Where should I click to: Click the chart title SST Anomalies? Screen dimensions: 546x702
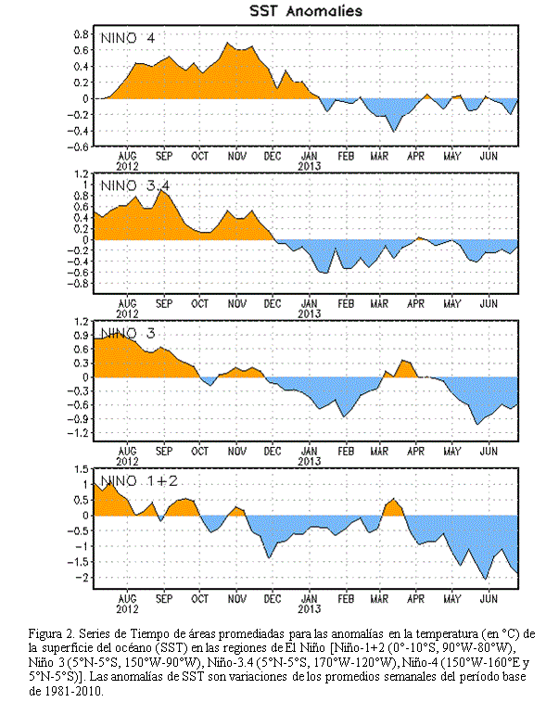306,11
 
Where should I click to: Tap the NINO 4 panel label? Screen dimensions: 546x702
128,38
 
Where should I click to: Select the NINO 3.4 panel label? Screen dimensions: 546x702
135,185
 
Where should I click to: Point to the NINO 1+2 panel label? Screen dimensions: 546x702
139,481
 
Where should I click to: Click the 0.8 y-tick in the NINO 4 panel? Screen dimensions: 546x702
81,34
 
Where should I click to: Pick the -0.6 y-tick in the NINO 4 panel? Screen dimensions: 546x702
78,147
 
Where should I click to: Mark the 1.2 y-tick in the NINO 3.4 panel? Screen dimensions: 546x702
81,173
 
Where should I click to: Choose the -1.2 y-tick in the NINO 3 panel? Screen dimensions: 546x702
78,433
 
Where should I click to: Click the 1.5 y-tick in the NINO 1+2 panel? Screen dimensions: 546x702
81,469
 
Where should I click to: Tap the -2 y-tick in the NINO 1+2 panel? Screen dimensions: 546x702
81,577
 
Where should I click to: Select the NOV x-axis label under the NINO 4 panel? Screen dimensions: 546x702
236,156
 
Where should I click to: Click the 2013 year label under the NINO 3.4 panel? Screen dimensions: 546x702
310,313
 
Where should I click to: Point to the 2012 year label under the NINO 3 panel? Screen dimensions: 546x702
128,461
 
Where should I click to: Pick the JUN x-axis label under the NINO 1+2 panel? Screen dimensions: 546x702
489,598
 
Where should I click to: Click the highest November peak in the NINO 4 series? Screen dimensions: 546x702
227,43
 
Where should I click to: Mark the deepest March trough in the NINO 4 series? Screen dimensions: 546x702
394,131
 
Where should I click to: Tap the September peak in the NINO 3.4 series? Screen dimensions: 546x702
160,191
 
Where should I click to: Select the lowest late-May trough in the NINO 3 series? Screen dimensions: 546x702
477,424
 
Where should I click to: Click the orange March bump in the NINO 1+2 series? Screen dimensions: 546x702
393,507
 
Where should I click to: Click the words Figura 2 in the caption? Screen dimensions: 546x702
51,634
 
